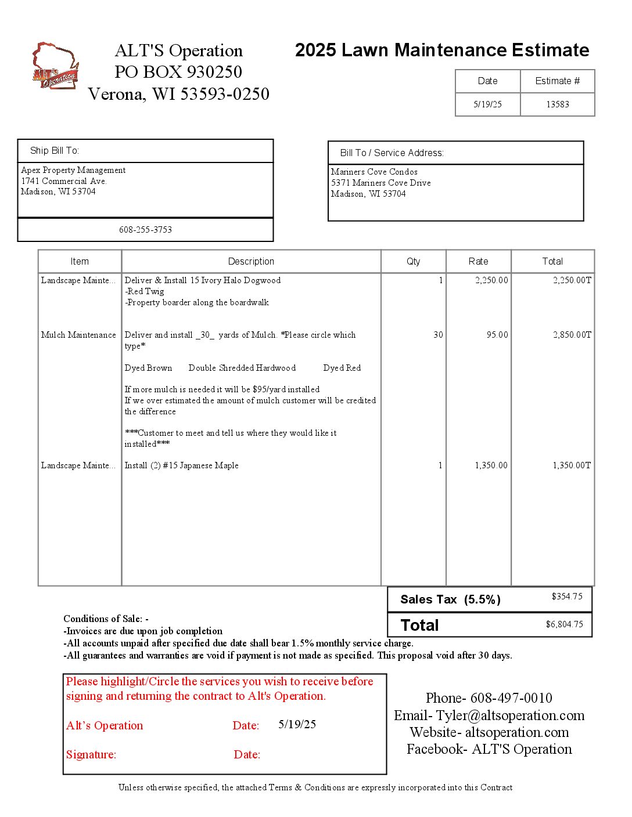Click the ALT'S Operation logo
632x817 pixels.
pyautogui.click(x=55, y=66)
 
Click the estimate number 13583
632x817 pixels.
pyautogui.click(x=557, y=104)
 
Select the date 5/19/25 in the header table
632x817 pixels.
pyautogui.click(x=487, y=104)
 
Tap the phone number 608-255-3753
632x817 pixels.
pyautogui.click(x=145, y=230)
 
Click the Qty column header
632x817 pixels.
pyautogui.click(x=413, y=261)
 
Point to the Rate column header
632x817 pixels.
pyautogui.click(x=478, y=261)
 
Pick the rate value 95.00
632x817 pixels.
pyautogui.click(x=497, y=335)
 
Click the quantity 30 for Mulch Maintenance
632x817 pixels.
pyautogui.click(x=438, y=335)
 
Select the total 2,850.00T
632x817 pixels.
pyautogui.click(x=572, y=335)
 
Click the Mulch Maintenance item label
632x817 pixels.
pyautogui.click(x=78, y=335)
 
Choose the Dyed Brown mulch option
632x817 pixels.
pyautogui.click(x=148, y=368)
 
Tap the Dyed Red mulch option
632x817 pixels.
pyautogui.click(x=342, y=368)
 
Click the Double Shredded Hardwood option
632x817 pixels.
pyautogui.click(x=242, y=368)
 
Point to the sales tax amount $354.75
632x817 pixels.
pyautogui.click(x=566, y=597)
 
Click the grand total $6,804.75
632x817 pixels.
pyautogui.click(x=564, y=624)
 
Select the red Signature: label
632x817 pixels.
pyautogui.click(x=91, y=754)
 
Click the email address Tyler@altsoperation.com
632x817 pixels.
pyautogui.click(x=510, y=715)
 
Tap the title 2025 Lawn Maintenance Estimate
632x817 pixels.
pyautogui.click(x=442, y=50)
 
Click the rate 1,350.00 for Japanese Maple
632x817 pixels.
pyautogui.click(x=491, y=465)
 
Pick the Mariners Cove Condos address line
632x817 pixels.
pyautogui.click(x=374, y=172)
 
